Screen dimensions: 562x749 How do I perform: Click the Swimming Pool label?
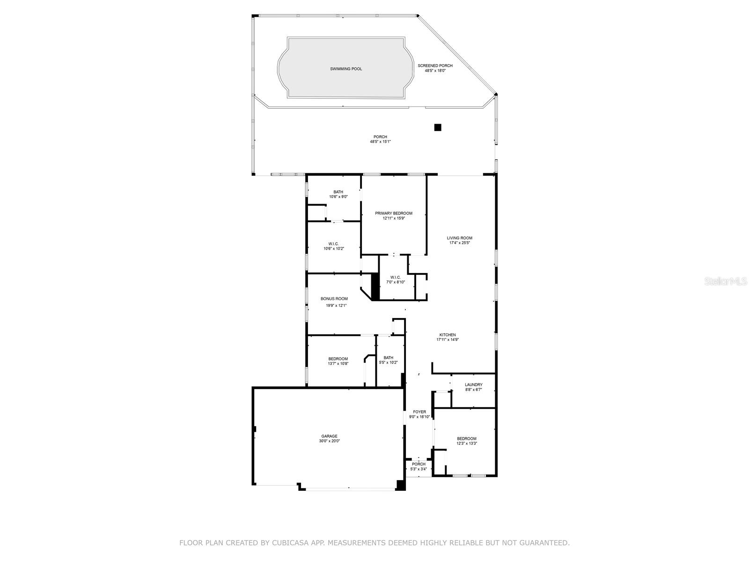tap(346, 69)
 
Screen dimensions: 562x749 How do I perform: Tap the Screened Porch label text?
tap(435, 66)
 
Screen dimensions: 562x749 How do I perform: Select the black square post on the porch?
tap(438, 127)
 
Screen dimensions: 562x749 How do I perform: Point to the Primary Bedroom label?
tap(394, 213)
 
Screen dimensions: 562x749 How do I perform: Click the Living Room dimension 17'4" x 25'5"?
tap(459, 243)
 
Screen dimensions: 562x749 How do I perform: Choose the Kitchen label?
tap(448, 335)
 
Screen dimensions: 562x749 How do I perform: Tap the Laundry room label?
tap(473, 385)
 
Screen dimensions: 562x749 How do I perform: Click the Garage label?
tap(329, 436)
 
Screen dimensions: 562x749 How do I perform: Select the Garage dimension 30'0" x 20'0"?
tap(329, 441)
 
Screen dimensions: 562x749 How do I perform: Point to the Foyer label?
tap(419, 412)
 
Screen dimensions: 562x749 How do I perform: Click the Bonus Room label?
tap(334, 299)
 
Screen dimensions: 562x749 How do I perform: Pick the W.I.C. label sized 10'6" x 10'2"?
tap(333, 244)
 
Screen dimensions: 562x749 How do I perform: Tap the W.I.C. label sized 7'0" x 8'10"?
tap(393, 277)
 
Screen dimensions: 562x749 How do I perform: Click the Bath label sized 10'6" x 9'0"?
tap(338, 192)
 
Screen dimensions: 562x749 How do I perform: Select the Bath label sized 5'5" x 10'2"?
tap(388, 358)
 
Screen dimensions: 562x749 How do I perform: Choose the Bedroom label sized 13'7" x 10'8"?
tap(338, 359)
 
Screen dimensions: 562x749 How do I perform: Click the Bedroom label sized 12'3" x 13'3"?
tap(467, 439)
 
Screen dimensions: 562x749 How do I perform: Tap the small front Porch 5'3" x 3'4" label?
tap(419, 464)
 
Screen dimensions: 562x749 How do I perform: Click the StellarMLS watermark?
tap(727, 281)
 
